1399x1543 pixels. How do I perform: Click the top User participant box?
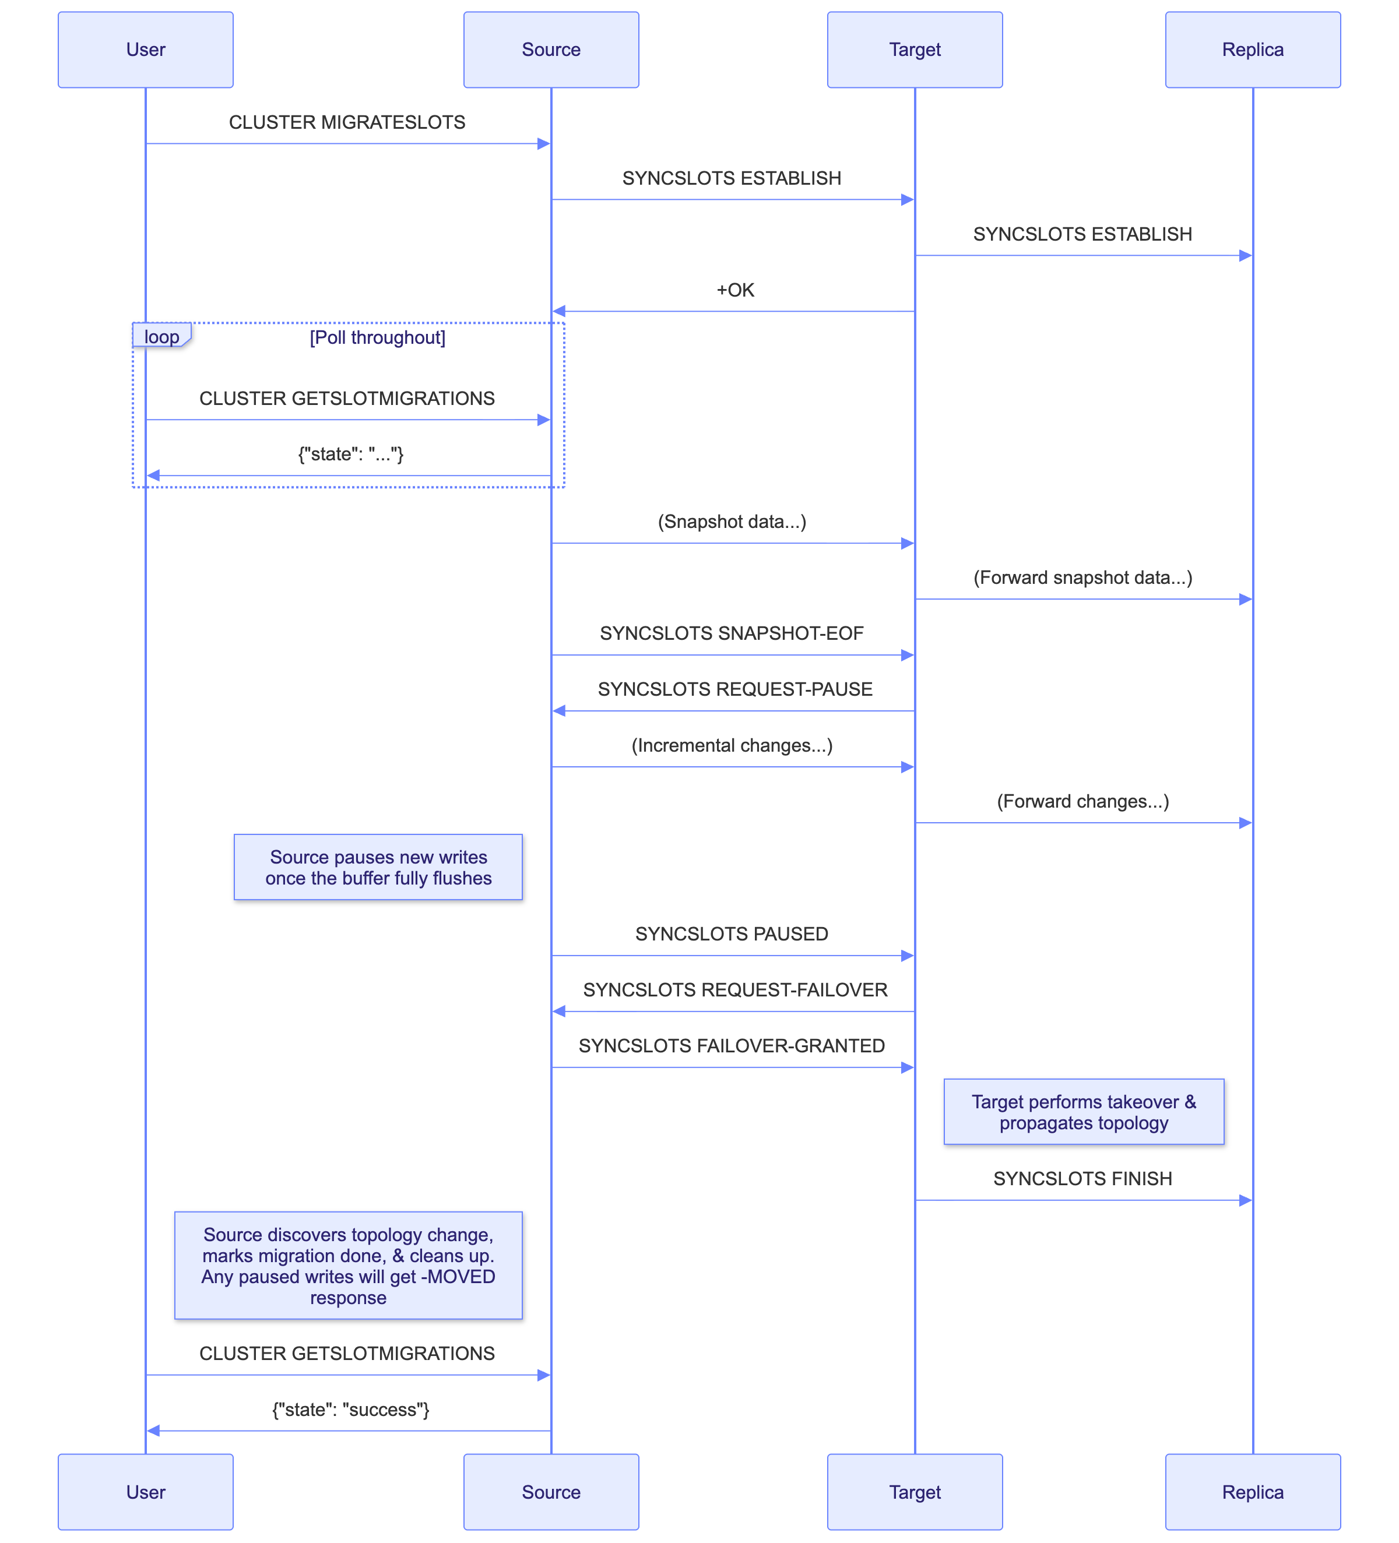click(x=146, y=50)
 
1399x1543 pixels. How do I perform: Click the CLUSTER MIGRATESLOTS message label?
click(x=347, y=122)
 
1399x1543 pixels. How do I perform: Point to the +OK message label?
click(x=735, y=290)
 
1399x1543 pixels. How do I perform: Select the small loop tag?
click(x=161, y=337)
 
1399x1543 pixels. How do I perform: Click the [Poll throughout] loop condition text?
click(x=378, y=337)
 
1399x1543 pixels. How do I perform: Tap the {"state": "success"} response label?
click(x=351, y=1409)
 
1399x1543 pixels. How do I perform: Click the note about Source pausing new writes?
click(x=378, y=867)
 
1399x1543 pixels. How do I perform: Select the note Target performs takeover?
click(x=1084, y=1112)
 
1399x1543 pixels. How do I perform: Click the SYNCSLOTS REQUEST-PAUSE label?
click(x=735, y=689)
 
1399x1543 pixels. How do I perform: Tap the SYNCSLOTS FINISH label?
click(x=1082, y=1179)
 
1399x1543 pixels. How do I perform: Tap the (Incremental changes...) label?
click(x=732, y=745)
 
